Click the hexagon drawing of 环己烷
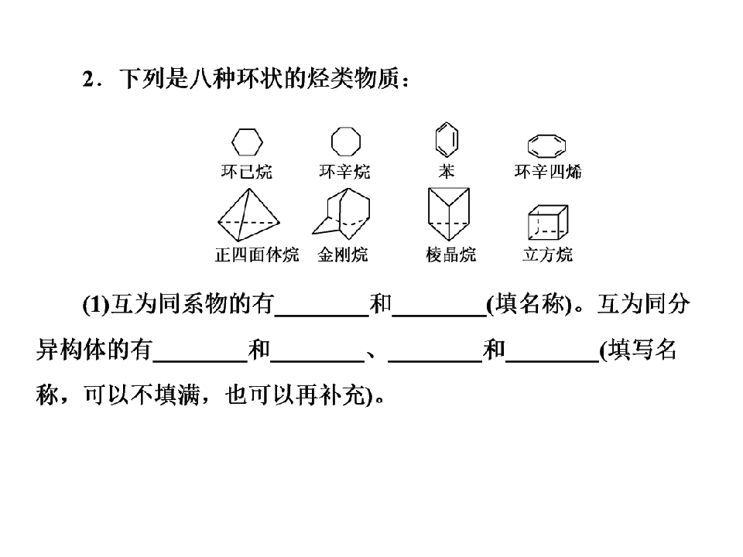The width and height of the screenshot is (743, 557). click(x=232, y=142)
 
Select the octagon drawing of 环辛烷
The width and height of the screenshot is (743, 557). click(x=332, y=141)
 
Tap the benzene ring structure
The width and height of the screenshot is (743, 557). click(x=437, y=140)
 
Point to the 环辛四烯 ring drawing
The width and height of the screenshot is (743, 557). click(x=529, y=146)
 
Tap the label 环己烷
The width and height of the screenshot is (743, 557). click(x=247, y=172)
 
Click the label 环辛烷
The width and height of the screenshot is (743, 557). click(x=344, y=172)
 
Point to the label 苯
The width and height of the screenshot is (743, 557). click(x=447, y=172)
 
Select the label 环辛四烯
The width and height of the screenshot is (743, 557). click(x=548, y=172)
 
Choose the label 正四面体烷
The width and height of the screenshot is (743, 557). click(x=257, y=255)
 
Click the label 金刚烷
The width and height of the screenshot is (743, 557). click(x=343, y=255)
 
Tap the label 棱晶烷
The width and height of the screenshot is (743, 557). click(x=450, y=255)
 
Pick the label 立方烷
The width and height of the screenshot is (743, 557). click(x=548, y=255)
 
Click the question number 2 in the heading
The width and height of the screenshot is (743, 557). click(x=88, y=79)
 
